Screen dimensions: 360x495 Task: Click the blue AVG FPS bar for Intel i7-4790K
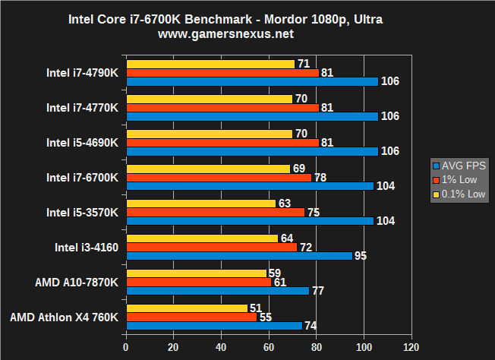point(252,81)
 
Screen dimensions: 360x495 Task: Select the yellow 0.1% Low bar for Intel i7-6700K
point(208,169)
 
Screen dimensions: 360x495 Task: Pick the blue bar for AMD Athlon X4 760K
point(214,325)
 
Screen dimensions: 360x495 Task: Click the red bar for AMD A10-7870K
point(199,282)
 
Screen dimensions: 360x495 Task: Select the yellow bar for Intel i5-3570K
point(201,204)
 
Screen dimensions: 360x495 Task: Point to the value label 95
point(361,256)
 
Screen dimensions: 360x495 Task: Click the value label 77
point(318,291)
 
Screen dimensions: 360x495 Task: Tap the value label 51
point(257,308)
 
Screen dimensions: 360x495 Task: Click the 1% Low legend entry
point(459,180)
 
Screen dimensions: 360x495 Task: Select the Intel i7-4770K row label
point(82,107)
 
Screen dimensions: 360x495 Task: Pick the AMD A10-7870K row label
point(76,282)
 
